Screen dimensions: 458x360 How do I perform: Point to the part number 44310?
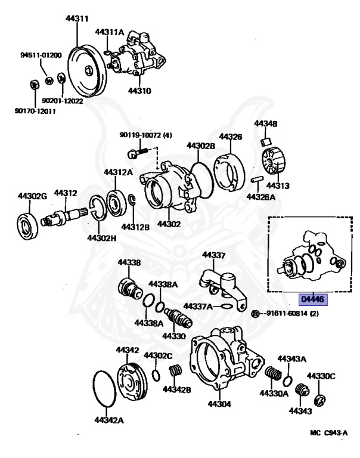pyautogui.click(x=139, y=91)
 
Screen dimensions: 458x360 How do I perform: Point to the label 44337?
pyautogui.click(x=213, y=255)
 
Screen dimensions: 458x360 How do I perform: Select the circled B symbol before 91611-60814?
pyautogui.click(x=255, y=314)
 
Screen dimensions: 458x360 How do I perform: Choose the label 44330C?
pyautogui.click(x=321, y=376)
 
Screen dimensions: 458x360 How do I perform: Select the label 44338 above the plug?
pyautogui.click(x=129, y=262)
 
